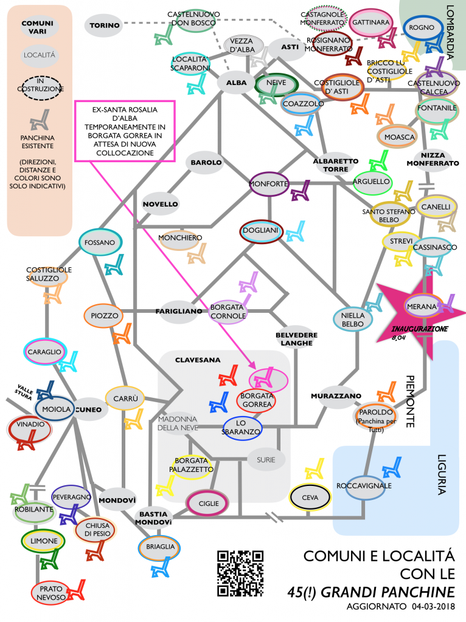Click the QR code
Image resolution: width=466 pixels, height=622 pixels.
pos(240,573)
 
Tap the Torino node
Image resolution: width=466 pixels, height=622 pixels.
pos(102,26)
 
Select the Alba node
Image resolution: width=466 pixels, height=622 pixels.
pos(235,83)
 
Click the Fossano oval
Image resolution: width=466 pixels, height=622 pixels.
pos(101,242)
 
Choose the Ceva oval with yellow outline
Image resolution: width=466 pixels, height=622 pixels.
pos(310,497)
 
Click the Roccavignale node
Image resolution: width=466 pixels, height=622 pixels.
pos(364,487)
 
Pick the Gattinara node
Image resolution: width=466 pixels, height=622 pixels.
pos(370,22)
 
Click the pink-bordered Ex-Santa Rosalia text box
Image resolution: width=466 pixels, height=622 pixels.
pos(124,131)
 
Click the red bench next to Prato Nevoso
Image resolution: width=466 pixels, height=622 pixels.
pos(77,588)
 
